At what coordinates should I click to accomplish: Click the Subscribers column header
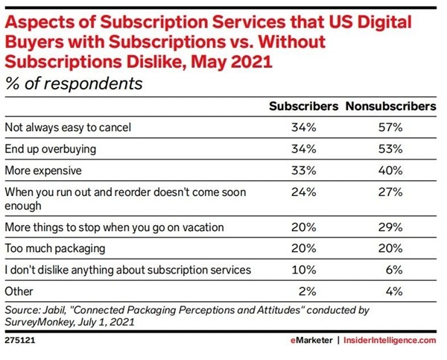pyautogui.click(x=303, y=107)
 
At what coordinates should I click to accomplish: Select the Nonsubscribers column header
pyautogui.click(x=390, y=107)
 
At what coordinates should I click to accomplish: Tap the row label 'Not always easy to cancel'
pyautogui.click(x=68, y=127)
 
